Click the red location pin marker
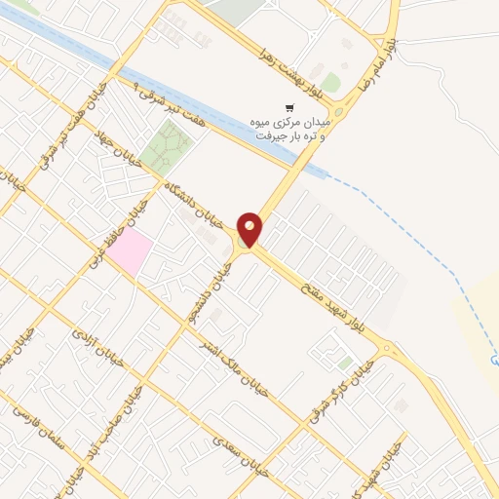pyautogui.click(x=250, y=228)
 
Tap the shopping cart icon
pyautogui.click(x=288, y=108)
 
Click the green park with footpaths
pyautogui.click(x=166, y=149)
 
